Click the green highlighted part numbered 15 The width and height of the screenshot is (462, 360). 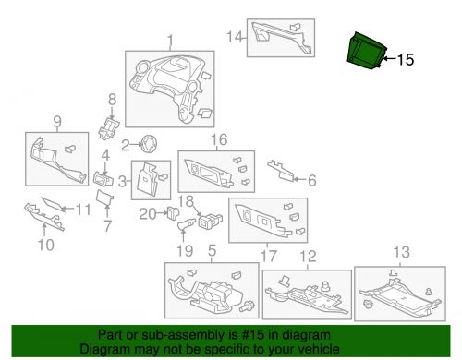pyautogui.click(x=366, y=52)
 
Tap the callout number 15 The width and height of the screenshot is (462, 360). pyautogui.click(x=406, y=60)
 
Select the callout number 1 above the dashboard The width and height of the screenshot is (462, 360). pyautogui.click(x=170, y=42)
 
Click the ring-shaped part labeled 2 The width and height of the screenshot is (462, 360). pyautogui.click(x=150, y=144)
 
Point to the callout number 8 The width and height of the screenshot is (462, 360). pyautogui.click(x=112, y=99)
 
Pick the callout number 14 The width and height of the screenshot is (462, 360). pyautogui.click(x=235, y=37)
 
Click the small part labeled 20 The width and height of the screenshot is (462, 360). pyautogui.click(x=173, y=212)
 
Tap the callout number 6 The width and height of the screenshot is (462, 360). pyautogui.click(x=312, y=180)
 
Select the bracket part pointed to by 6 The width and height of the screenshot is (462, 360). pyautogui.click(x=280, y=170)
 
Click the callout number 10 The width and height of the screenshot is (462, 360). pyautogui.click(x=46, y=245)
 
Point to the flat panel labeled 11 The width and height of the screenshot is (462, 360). pyautogui.click(x=53, y=204)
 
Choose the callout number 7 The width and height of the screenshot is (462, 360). pyautogui.click(x=107, y=226)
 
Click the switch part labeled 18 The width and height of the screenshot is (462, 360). pyautogui.click(x=211, y=221)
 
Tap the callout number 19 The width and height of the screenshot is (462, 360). pyautogui.click(x=185, y=251)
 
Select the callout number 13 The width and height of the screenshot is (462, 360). pyautogui.click(x=402, y=252)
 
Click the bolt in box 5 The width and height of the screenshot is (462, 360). pyautogui.click(x=247, y=306)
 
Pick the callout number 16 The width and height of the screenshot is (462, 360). pyautogui.click(x=219, y=139)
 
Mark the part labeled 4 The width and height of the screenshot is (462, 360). pyautogui.click(x=103, y=179)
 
